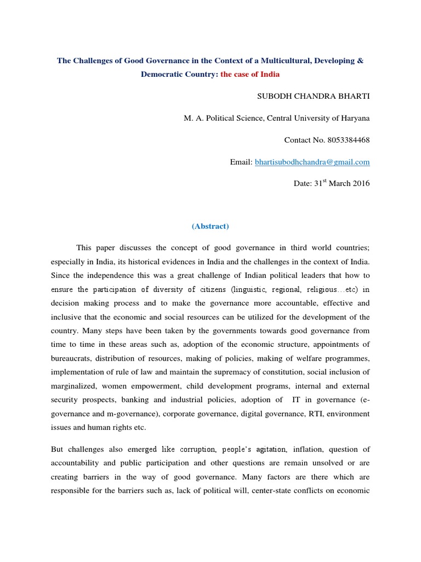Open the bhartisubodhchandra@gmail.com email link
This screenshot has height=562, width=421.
pyautogui.click(x=312, y=162)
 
